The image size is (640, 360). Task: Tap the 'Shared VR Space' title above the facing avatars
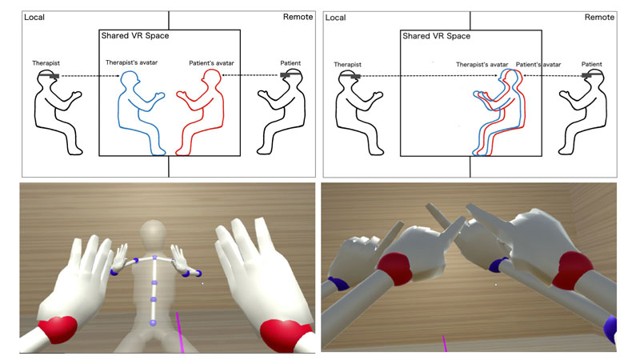(135, 35)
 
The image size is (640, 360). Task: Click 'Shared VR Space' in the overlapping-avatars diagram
(436, 36)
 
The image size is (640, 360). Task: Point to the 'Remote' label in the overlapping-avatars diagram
(599, 17)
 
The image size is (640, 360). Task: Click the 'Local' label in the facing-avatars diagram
(34, 17)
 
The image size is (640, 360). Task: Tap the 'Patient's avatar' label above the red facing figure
(211, 63)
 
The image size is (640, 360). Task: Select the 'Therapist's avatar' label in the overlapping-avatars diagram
(482, 65)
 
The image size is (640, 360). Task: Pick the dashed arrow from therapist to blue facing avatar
(90, 76)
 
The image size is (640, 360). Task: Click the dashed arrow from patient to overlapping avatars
(552, 75)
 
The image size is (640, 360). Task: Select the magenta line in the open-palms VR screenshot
(179, 332)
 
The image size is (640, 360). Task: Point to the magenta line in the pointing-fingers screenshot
(445, 343)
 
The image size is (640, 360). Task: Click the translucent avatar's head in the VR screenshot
(153, 234)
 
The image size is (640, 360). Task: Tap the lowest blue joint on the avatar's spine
(153, 323)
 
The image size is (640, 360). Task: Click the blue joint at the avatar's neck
(154, 258)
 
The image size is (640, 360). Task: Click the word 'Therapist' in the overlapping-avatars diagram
(347, 65)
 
